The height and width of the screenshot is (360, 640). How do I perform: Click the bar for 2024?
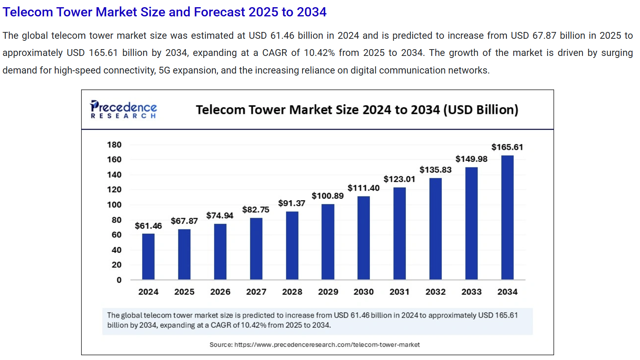(x=148, y=257)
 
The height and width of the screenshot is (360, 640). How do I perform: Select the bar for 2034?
(x=507, y=217)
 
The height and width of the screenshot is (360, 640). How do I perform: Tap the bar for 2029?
(x=328, y=242)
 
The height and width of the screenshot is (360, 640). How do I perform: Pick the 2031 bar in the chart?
(x=399, y=233)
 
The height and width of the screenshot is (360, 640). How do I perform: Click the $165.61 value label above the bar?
(x=507, y=147)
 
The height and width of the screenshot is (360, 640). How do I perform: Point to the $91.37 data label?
(x=291, y=203)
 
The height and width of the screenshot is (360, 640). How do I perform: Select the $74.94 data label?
(x=219, y=216)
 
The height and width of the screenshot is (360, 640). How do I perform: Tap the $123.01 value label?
(x=399, y=179)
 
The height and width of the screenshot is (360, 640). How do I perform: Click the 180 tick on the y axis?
(x=114, y=145)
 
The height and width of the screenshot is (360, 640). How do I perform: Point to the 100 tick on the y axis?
(x=114, y=205)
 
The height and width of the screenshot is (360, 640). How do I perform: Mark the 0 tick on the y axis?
(x=119, y=280)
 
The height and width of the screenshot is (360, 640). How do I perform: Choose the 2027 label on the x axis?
(x=256, y=292)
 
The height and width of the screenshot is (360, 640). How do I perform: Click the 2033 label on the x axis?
(x=471, y=292)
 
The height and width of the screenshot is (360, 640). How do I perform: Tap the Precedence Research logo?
(x=124, y=109)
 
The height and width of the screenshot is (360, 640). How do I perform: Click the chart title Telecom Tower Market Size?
(x=357, y=110)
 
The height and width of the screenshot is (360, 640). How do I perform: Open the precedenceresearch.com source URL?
(x=327, y=345)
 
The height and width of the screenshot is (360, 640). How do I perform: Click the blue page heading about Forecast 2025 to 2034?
(x=164, y=12)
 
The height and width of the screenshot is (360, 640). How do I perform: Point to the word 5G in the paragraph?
(x=164, y=70)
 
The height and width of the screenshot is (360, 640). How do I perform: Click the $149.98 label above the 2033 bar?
(x=471, y=159)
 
